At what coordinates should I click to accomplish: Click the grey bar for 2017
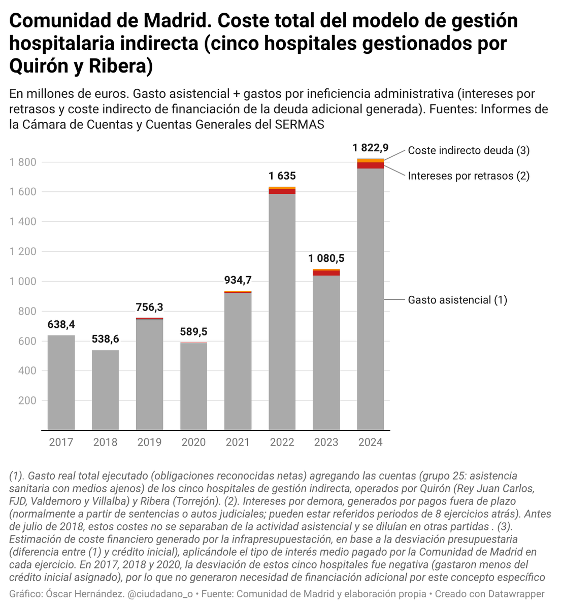click(x=61, y=383)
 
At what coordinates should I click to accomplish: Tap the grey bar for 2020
click(x=194, y=386)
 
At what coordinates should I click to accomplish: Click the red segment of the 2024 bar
click(x=370, y=165)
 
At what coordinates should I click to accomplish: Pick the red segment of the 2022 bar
click(x=282, y=191)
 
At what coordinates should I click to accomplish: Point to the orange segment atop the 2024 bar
click(x=370, y=160)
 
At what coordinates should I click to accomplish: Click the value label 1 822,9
click(x=371, y=148)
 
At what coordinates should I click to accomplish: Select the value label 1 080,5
click(x=326, y=258)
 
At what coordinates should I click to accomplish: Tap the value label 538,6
click(x=105, y=339)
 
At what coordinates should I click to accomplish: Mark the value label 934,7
click(x=238, y=280)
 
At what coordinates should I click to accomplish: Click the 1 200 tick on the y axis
click(x=23, y=252)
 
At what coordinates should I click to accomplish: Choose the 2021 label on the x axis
click(x=238, y=442)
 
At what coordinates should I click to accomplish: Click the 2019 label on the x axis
click(x=149, y=442)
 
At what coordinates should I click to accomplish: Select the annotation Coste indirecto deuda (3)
click(x=469, y=150)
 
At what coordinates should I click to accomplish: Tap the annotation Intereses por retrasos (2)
click(x=469, y=176)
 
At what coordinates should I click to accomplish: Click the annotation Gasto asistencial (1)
click(x=457, y=300)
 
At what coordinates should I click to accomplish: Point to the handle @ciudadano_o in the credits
click(x=160, y=594)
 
